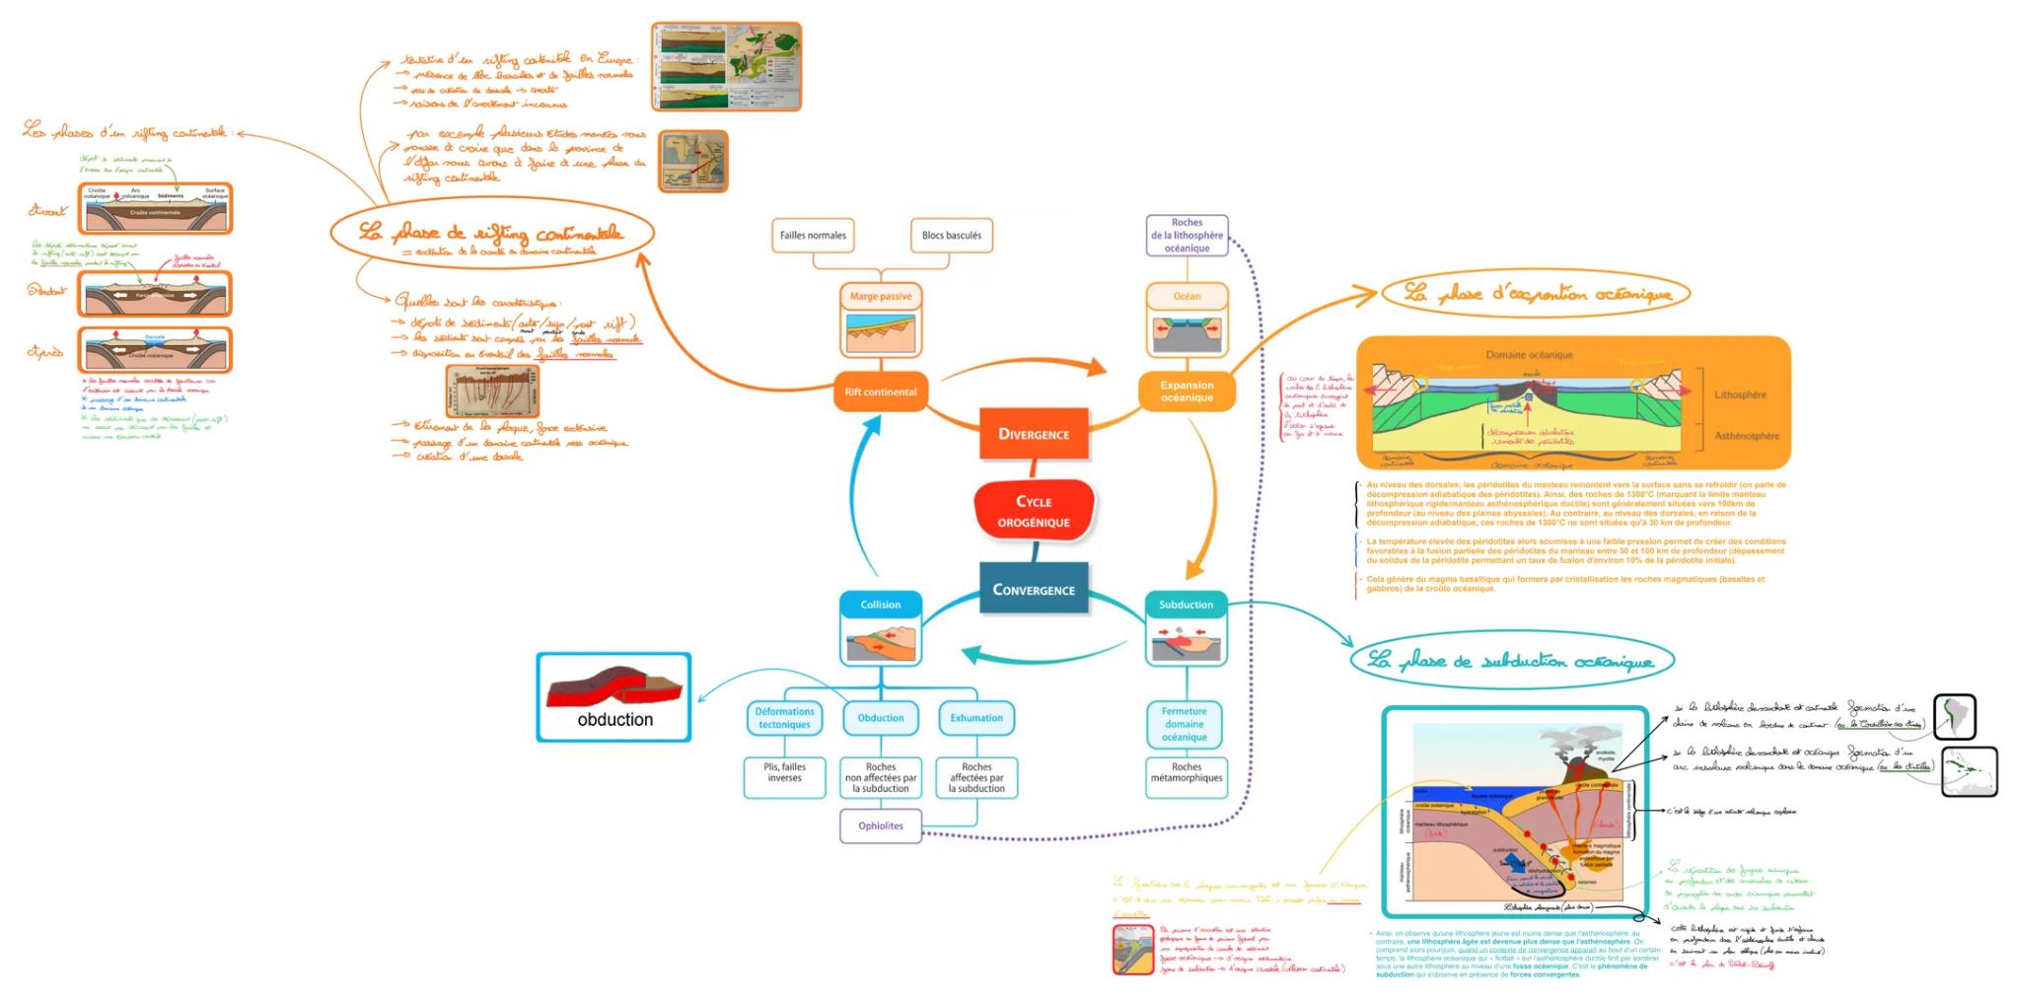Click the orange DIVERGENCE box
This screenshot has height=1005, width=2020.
pos(1033,434)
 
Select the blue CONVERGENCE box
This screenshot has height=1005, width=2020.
pos(1033,590)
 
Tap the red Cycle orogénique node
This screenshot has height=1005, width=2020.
pos(1033,511)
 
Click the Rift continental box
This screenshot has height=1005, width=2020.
pos(880,392)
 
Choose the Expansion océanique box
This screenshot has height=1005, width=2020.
pos(1186,392)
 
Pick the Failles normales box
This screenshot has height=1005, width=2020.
pos(813,235)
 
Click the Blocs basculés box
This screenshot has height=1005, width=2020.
pos(951,235)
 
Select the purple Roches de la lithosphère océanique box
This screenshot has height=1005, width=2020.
pos(1187,236)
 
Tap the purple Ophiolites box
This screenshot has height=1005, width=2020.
pos(880,826)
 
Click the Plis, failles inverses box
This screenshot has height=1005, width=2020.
pos(784,772)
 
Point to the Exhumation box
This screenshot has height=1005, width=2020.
pos(975,718)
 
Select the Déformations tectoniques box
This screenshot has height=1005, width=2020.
pos(784,718)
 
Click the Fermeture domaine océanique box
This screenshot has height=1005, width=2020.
pos(1184,724)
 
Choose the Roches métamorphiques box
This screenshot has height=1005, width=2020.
pos(1186,772)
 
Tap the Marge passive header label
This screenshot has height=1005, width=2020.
pos(880,296)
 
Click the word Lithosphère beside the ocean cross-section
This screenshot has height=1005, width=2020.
pos(1740,395)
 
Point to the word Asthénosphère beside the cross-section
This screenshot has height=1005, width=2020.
pos(1747,436)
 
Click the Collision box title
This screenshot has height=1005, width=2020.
pos(880,605)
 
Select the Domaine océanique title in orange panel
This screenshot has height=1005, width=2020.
pos(1529,354)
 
